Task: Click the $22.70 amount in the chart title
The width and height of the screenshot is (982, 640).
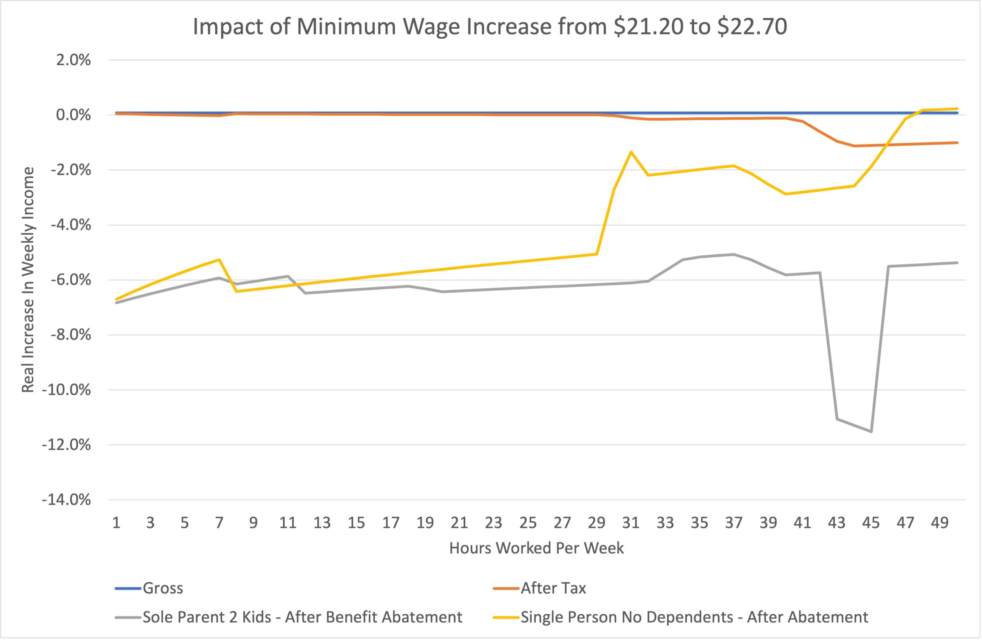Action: (x=752, y=27)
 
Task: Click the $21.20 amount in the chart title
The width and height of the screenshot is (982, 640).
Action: (x=648, y=27)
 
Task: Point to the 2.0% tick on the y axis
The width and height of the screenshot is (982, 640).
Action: (x=73, y=60)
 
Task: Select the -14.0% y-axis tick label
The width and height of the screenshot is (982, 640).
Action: (x=66, y=500)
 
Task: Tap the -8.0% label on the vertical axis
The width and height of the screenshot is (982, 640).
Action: (x=71, y=334)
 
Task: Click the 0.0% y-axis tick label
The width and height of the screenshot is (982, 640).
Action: (x=73, y=115)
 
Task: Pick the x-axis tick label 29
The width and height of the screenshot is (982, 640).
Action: (x=596, y=523)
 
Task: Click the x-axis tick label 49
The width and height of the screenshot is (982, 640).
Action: (x=939, y=523)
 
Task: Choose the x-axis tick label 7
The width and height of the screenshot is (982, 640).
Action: (x=219, y=523)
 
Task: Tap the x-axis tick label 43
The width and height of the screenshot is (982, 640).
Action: (x=837, y=523)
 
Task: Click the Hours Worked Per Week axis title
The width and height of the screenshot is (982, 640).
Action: (x=536, y=548)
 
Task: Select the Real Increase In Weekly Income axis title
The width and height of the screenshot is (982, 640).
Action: (x=28, y=280)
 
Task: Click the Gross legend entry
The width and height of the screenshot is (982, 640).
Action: (x=163, y=588)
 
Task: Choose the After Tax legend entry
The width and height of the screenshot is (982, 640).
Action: (x=553, y=588)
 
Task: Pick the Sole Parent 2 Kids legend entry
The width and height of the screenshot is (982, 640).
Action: (x=302, y=617)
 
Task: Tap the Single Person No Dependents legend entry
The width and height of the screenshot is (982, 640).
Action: (x=694, y=617)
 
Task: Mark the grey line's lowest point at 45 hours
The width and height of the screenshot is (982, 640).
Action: (x=871, y=432)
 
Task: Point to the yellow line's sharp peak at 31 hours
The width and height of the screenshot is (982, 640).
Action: (x=631, y=152)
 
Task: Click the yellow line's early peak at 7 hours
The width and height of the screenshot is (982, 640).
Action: (x=219, y=259)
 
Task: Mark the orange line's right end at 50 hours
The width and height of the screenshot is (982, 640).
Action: (x=957, y=143)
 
